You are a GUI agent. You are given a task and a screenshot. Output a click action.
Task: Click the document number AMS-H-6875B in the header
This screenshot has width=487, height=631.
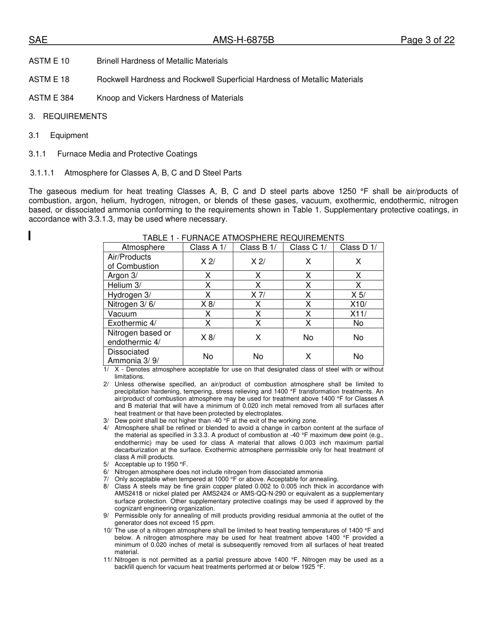click(243, 41)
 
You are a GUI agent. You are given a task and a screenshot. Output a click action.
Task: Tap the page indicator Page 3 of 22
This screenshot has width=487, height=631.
click(428, 41)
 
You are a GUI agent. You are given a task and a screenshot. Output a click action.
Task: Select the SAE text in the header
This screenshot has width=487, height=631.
click(38, 41)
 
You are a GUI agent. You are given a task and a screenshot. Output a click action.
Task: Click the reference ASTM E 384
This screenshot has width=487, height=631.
click(51, 98)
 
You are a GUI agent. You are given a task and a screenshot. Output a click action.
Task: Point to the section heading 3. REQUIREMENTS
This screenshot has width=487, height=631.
click(68, 116)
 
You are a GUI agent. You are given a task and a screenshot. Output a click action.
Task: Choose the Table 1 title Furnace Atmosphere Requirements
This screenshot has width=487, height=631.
click(243, 238)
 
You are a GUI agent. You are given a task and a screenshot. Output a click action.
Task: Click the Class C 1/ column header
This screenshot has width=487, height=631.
click(308, 247)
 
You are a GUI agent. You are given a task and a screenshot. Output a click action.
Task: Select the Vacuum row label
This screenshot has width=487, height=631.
click(122, 314)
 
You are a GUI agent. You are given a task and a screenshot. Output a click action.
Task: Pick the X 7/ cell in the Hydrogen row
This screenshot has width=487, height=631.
click(258, 295)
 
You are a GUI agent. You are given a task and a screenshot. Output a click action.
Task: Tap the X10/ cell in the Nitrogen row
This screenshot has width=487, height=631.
click(358, 304)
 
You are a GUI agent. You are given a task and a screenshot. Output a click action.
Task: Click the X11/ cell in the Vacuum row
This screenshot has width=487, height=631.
click(358, 314)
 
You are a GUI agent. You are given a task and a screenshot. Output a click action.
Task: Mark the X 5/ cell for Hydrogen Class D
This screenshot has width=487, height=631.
click(358, 295)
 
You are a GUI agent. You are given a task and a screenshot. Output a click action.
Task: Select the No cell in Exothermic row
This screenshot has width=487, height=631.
click(358, 323)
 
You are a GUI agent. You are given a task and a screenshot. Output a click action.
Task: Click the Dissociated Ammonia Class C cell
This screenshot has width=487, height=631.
click(308, 356)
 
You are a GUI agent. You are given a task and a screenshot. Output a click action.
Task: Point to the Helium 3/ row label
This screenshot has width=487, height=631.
click(125, 285)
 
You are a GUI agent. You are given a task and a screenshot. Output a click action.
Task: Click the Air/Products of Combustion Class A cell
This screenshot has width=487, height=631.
click(208, 262)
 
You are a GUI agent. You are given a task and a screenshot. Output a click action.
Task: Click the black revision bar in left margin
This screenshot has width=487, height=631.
click(30, 236)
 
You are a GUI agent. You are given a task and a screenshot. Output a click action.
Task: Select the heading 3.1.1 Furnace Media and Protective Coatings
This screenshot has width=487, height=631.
click(113, 154)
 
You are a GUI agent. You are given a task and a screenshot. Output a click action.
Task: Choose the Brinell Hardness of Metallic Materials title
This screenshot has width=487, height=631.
click(162, 61)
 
